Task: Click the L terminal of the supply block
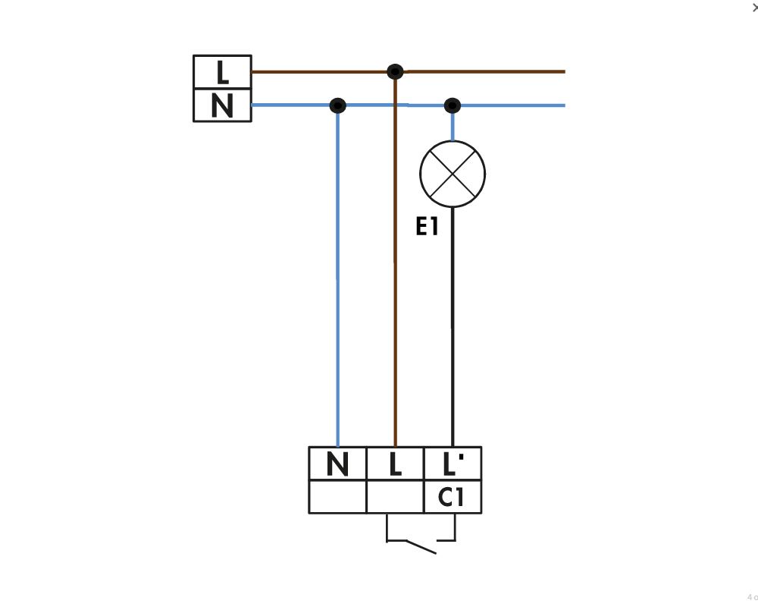pos(222,72)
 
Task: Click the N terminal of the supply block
pos(222,105)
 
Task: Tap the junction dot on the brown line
pos(396,71)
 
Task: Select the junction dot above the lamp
pos(452,105)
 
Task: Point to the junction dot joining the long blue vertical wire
pos(337,105)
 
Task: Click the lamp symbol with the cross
pos(453,175)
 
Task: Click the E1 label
pos(427,226)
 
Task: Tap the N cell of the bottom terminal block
pos(337,464)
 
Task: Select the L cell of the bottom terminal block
pos(396,464)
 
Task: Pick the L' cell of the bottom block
pos(453,464)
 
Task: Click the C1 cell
pos(453,497)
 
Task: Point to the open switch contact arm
pos(421,546)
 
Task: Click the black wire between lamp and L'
pos(453,327)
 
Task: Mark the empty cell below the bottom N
pos(337,497)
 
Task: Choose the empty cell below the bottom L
pos(396,497)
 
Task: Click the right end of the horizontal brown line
pos(565,71)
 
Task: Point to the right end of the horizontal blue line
pos(565,105)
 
